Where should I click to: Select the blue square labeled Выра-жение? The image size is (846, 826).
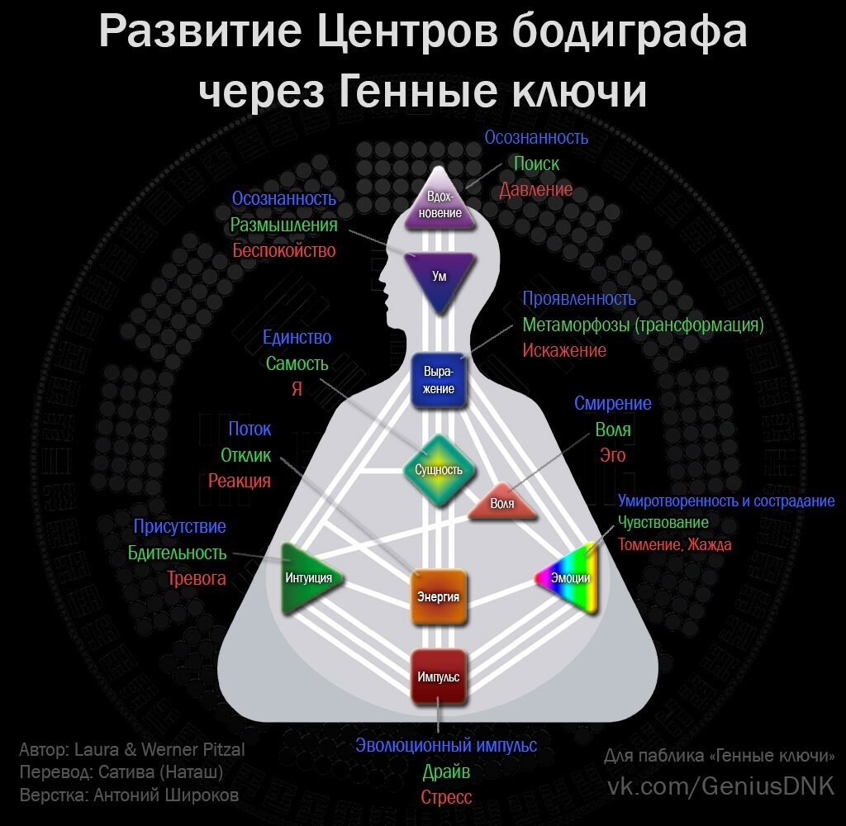[x=439, y=381]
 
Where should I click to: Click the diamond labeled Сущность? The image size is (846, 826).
[x=439, y=470]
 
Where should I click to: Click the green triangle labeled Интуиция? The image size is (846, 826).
[x=305, y=578]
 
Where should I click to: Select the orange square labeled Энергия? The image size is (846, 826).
[x=439, y=596]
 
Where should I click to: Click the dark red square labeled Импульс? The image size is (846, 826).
[x=439, y=676]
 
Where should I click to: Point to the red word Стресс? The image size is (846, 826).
[x=446, y=798]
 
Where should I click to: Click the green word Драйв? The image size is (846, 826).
[x=446, y=772]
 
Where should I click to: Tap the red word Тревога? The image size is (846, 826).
[x=197, y=578]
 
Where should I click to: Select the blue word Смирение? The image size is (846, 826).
[x=613, y=403]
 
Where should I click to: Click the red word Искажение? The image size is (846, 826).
[x=564, y=350]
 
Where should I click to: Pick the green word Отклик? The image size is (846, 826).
[x=245, y=455]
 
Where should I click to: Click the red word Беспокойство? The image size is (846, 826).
[x=284, y=250]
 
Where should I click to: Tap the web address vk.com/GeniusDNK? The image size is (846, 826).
[x=720, y=786]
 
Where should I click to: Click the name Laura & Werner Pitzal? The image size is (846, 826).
[x=159, y=750]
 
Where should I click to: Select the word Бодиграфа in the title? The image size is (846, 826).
[x=630, y=31]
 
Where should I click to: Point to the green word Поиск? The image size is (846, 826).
[x=536, y=164]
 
